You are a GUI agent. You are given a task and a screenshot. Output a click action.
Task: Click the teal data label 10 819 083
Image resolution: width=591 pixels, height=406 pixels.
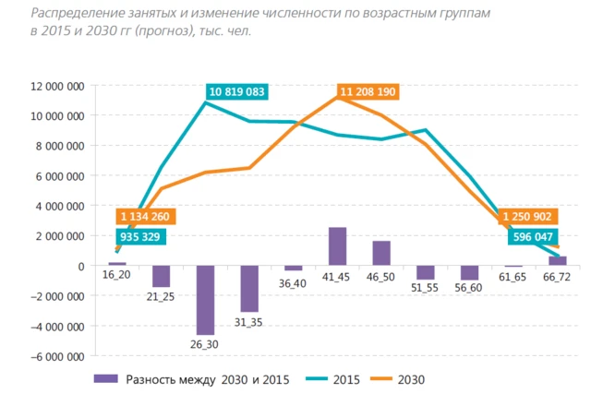coord(238,91)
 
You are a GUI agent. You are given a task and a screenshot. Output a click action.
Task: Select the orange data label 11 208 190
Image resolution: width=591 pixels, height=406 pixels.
coord(368,92)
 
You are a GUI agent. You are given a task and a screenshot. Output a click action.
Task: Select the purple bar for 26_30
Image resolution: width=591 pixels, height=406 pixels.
coord(205,300)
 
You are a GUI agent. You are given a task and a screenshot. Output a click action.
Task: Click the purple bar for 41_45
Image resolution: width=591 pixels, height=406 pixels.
coord(337,246)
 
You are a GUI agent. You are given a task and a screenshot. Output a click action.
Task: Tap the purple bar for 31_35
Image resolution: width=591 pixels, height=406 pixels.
coord(249,289)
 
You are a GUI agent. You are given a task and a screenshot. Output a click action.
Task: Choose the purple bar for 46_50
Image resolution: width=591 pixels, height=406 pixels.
coord(381,253)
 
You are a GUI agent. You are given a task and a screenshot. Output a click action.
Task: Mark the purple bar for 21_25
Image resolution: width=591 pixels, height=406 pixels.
coord(161,277)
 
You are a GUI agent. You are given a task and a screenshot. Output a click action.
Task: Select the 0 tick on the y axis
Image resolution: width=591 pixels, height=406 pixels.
coord(81,266)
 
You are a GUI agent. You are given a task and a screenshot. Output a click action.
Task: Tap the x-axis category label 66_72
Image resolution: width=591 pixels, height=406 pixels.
coord(558,277)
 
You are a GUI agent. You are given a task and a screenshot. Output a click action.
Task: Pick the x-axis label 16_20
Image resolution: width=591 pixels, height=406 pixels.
coord(116,276)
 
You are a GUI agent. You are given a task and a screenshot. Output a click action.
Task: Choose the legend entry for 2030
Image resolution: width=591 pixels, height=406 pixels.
coord(408,379)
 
